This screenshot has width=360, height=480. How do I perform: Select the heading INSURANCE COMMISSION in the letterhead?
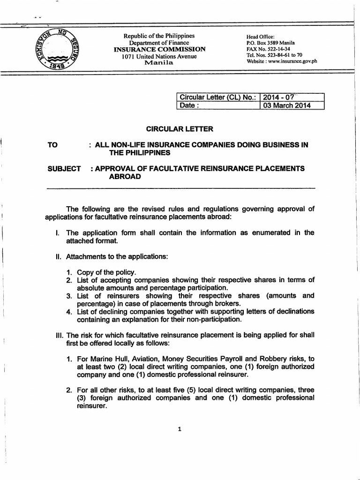pyautogui.click(x=159, y=49)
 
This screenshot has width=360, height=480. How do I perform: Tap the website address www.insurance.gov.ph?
pyautogui.click(x=291, y=61)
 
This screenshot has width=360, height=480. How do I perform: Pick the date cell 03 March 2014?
pyautogui.click(x=286, y=105)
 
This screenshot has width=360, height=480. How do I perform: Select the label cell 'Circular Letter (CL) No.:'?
pyautogui.click(x=217, y=97)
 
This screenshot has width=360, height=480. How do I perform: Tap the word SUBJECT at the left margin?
pyautogui.click(x=64, y=168)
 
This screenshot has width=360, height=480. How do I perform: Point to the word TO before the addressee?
pyautogui.click(x=52, y=145)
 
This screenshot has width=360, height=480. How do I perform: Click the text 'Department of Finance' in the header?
pyautogui.click(x=159, y=43)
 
